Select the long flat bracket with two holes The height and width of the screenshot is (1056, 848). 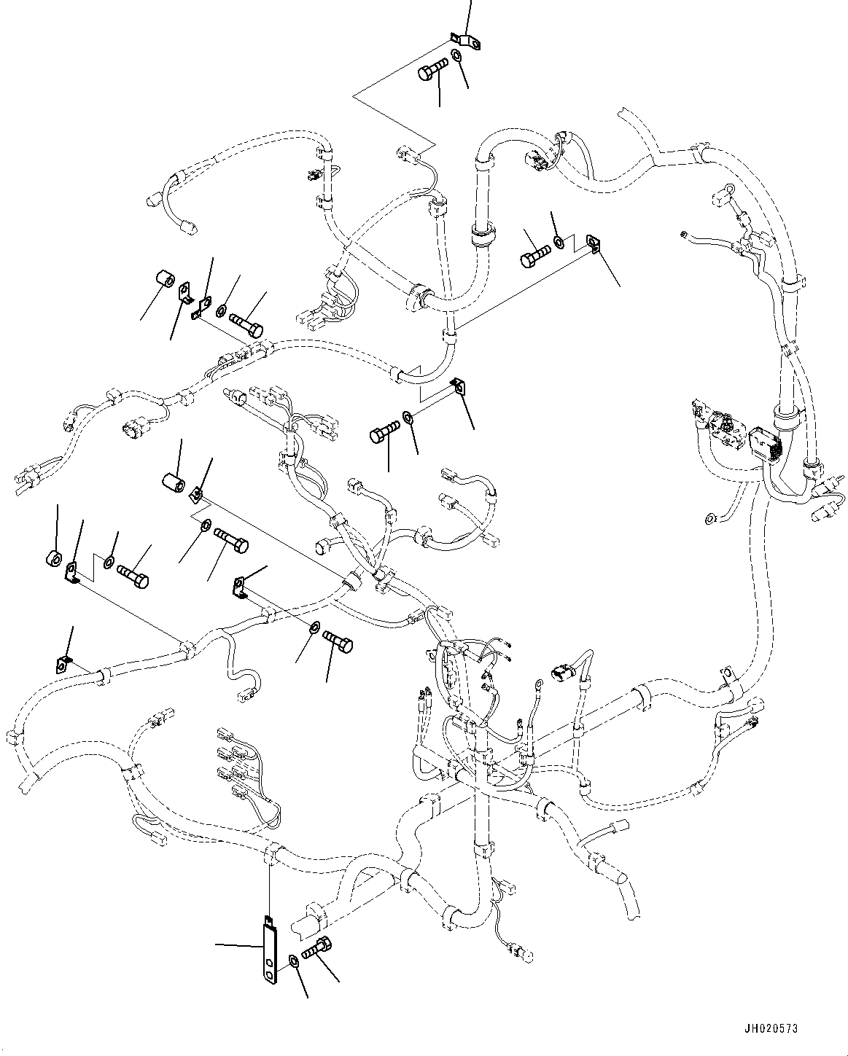(x=271, y=952)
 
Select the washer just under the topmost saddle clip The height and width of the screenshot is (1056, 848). (x=456, y=57)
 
